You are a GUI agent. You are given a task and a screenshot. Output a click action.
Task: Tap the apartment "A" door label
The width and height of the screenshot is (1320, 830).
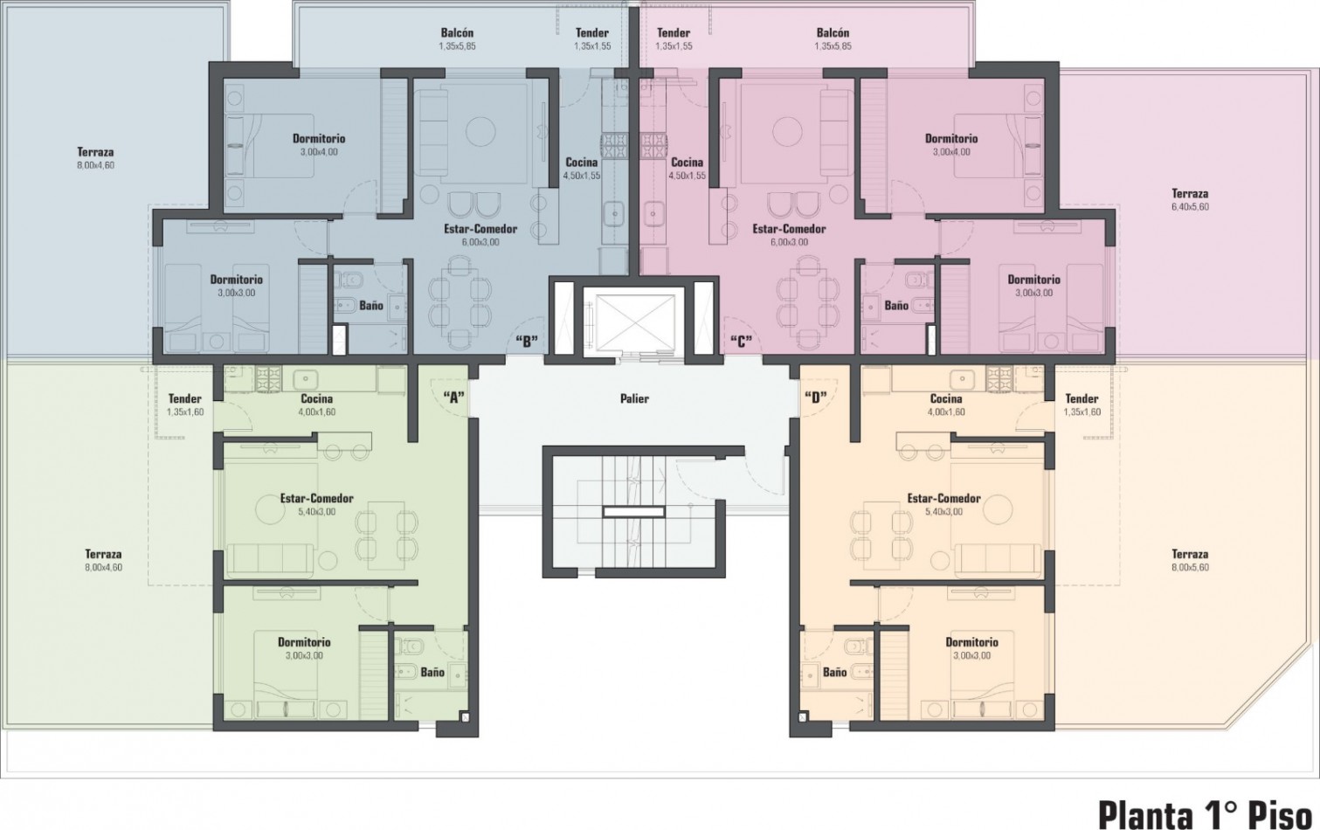coord(453,398)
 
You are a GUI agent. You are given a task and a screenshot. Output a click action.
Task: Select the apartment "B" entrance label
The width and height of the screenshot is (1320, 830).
coord(527,342)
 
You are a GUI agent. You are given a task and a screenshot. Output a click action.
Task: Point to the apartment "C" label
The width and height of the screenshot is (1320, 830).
coord(742,342)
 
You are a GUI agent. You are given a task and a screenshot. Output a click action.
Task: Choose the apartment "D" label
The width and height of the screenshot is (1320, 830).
coord(816,398)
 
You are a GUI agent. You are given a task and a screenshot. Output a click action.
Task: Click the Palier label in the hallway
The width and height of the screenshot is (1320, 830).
coord(634,398)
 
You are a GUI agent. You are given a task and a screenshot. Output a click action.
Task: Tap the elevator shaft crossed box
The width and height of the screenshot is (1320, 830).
coord(634,322)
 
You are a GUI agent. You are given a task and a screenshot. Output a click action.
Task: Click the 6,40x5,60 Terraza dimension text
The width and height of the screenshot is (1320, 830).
coord(1190,207)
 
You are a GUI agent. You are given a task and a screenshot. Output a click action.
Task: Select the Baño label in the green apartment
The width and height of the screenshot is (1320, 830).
coord(432,672)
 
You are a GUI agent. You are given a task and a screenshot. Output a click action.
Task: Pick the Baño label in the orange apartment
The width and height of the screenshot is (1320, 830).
coord(834,672)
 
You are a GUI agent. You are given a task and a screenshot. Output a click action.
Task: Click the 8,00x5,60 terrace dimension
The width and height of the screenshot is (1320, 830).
coord(1190,568)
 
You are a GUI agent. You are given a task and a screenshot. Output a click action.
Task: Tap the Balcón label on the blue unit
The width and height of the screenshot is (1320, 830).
coord(457,33)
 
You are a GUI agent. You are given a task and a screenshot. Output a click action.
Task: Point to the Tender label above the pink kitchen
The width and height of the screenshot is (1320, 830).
coord(674,33)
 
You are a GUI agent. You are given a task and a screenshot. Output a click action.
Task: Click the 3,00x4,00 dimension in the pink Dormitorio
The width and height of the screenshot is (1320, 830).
coord(951,152)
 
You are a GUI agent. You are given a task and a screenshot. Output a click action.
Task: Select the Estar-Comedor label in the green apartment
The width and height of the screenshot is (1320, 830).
coord(317,499)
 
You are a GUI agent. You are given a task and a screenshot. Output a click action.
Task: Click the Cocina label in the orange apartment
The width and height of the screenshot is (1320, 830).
coord(946,399)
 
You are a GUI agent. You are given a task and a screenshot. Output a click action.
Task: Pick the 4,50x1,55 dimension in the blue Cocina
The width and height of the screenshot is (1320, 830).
coord(582,176)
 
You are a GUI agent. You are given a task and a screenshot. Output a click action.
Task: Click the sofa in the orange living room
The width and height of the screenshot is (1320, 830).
coord(997,560)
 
